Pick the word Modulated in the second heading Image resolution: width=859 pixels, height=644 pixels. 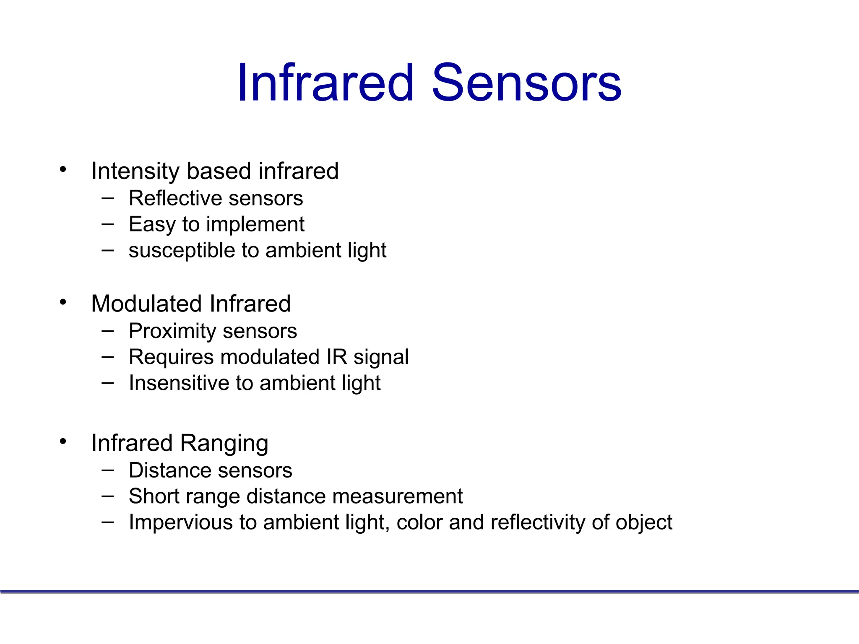point(146,304)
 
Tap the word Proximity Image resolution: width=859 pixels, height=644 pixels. point(172,331)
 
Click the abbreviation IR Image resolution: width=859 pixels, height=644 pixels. point(337,357)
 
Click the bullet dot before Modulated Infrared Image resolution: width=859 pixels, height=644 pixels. point(63,302)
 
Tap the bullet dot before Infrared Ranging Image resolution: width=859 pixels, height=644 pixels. point(63,441)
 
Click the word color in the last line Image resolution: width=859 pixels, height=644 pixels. point(419,523)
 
